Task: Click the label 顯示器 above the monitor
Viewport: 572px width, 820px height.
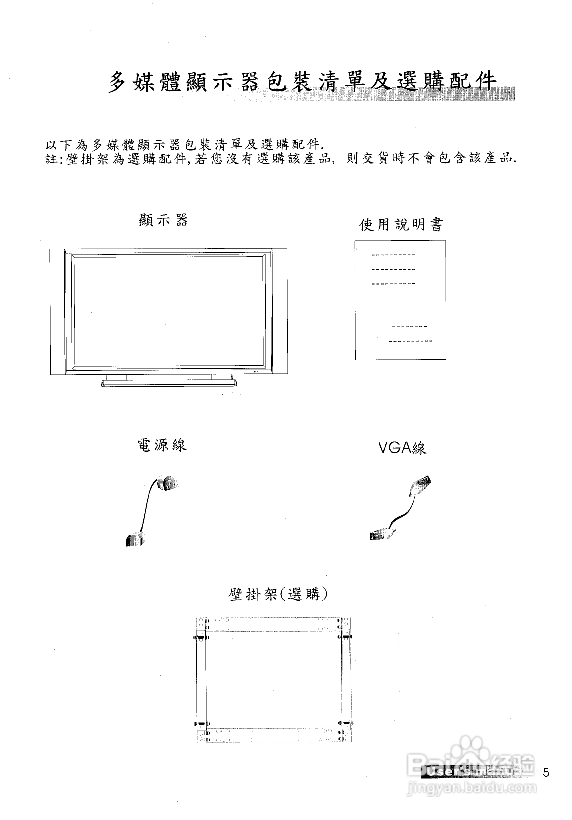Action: [x=163, y=220]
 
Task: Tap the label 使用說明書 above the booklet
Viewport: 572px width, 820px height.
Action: [x=400, y=225]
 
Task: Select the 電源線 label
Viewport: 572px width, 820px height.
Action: [x=162, y=445]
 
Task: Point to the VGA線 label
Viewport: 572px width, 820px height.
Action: [x=402, y=448]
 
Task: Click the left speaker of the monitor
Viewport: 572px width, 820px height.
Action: [x=57, y=311]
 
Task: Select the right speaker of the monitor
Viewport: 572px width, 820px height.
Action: [x=279, y=311]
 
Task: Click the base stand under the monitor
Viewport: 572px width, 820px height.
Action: [x=169, y=383]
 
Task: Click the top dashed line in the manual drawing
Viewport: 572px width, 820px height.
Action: [x=393, y=255]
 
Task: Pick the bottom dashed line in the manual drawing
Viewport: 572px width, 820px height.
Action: [x=410, y=341]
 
